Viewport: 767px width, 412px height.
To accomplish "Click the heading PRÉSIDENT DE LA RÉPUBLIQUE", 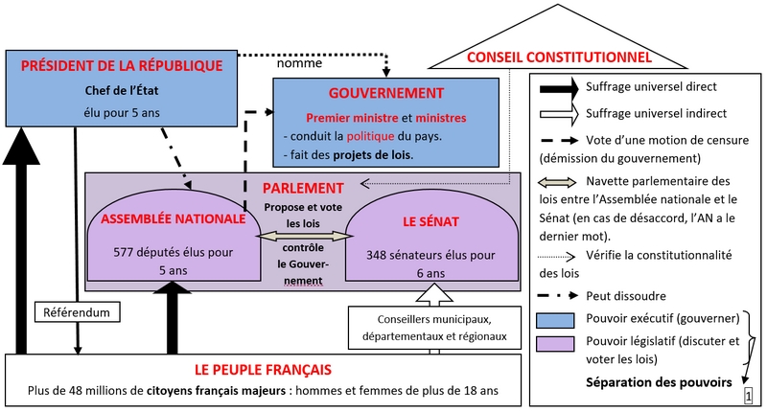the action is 122,66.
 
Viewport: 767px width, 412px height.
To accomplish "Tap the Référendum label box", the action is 78,312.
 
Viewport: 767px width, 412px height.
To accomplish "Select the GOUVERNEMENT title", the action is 386,93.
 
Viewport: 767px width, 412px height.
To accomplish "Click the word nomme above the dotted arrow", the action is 299,63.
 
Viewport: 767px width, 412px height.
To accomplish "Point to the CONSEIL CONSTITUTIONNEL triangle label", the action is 559,57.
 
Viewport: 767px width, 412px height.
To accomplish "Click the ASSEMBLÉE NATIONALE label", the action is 174,218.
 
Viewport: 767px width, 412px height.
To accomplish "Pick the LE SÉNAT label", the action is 430,222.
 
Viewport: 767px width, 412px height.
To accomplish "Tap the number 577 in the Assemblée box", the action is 124,253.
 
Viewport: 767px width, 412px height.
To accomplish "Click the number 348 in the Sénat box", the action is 376,255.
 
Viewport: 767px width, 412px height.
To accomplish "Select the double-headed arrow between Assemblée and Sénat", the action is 303,236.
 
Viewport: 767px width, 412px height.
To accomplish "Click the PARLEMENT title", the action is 303,188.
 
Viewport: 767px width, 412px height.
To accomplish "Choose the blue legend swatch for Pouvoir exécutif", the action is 555,321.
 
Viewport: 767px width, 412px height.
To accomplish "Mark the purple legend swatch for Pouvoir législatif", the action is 555,344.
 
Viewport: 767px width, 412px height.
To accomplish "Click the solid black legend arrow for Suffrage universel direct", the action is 559,89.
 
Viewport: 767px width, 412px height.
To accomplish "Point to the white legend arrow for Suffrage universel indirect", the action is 559,114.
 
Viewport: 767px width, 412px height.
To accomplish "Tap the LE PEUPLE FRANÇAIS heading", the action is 263,370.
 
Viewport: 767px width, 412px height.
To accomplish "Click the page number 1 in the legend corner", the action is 748,396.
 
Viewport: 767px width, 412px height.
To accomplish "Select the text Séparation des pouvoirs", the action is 659,382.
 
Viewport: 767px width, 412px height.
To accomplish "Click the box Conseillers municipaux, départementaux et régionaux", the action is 434,328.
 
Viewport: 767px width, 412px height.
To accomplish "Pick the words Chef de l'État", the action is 122,90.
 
